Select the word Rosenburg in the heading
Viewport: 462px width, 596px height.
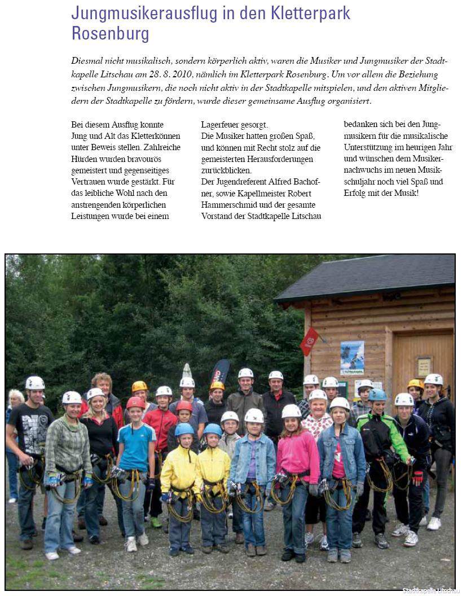point(110,34)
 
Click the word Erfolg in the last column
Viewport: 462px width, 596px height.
point(356,192)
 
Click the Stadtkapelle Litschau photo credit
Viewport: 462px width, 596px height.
point(430,590)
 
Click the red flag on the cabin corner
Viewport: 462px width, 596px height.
point(308,341)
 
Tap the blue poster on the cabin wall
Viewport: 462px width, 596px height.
point(352,358)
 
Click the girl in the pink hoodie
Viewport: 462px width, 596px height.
point(297,457)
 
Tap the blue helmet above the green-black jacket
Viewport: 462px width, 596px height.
point(377,395)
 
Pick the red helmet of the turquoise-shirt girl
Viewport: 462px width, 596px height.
point(135,402)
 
